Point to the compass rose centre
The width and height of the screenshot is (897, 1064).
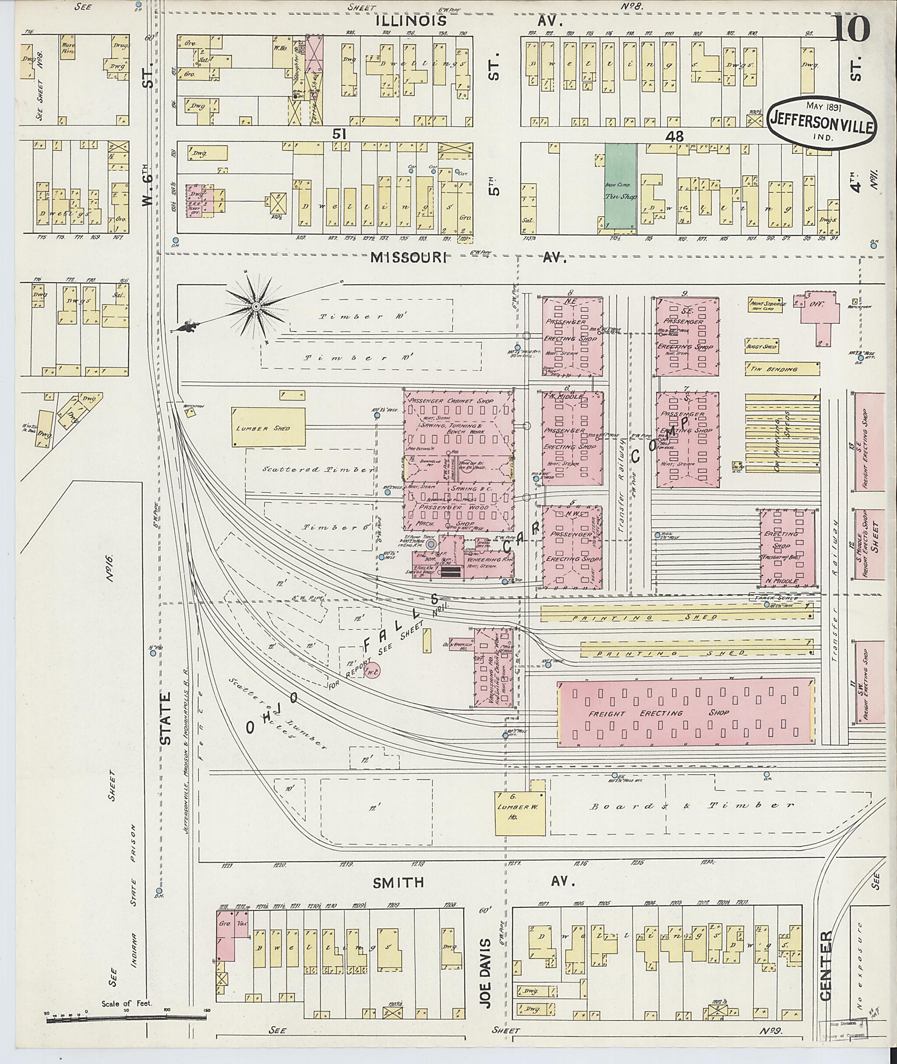pos(256,307)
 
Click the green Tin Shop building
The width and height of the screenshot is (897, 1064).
pos(620,188)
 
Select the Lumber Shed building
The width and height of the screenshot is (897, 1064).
pos(268,428)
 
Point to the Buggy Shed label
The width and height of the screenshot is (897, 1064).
pos(761,346)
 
